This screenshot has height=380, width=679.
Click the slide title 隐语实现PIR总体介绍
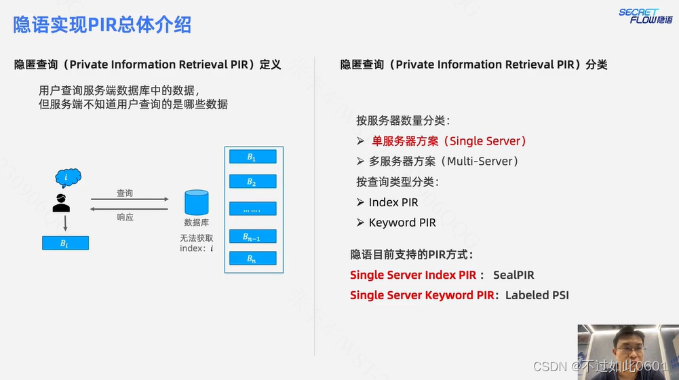102,24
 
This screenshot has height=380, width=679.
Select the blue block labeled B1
252,157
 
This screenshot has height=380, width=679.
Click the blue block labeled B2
252,182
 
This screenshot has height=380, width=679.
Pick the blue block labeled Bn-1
252,236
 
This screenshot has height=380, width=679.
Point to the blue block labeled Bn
252,259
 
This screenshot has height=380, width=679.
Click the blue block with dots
252,209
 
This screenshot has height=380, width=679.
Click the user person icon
62,202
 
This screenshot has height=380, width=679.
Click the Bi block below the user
65,243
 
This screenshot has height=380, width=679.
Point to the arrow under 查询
129,199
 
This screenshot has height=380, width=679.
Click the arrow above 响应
129,210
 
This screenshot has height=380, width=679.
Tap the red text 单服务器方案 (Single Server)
448,141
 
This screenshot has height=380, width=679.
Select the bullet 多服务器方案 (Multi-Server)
444,161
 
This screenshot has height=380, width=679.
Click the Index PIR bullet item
393,202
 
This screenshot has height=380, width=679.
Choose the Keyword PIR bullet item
402,223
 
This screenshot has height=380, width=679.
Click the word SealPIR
513,275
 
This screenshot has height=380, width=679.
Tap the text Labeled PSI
537,295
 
